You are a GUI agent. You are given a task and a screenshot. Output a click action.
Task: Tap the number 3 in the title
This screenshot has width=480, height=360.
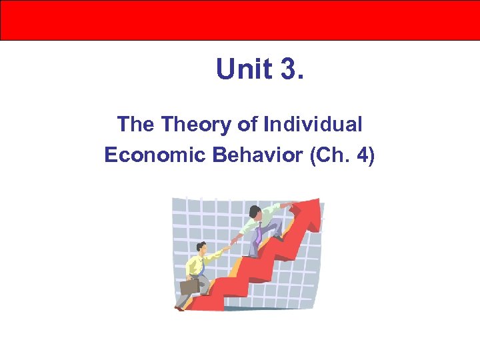pos(288,69)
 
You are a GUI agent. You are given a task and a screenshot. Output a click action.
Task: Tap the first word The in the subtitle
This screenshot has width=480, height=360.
pos(135,124)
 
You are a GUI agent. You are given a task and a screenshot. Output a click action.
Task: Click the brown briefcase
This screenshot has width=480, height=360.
pos(189,286)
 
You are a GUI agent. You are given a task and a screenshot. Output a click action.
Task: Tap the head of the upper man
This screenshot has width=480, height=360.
pos(256,212)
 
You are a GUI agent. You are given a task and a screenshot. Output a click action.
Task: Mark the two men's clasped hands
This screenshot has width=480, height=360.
pos(231,244)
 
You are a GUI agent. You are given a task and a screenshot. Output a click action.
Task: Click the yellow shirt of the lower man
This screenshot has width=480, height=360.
pos(194,265)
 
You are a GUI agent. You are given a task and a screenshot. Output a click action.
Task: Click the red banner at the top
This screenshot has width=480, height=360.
pos(240,20)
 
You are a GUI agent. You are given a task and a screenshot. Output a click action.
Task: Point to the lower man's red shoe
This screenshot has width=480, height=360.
pos(179,308)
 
